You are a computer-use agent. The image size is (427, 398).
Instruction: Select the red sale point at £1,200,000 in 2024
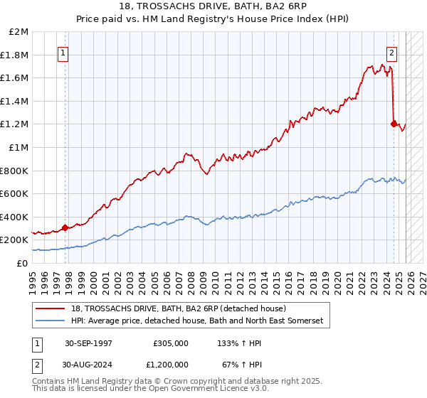394,124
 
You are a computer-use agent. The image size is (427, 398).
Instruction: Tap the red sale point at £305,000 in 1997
65,227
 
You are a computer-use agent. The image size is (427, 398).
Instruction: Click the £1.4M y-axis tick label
16,102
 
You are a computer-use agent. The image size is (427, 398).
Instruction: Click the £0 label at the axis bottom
21,263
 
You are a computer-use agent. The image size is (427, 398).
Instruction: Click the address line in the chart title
213,6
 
